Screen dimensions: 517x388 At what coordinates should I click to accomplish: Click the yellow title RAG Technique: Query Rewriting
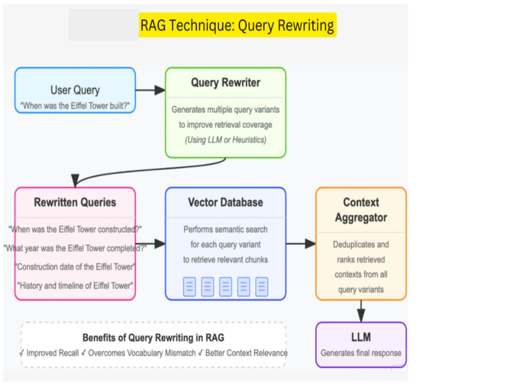[x=237, y=25]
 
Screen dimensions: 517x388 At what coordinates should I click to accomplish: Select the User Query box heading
[x=75, y=90]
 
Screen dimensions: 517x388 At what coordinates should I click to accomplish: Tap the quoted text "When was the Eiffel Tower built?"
[x=75, y=106]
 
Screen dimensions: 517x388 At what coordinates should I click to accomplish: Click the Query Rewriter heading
[x=225, y=82]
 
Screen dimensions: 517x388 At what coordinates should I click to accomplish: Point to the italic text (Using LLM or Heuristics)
[x=225, y=140]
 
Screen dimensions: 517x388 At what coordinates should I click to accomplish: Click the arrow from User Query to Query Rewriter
[x=150, y=89]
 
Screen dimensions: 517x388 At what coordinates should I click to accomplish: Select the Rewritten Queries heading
[x=75, y=202]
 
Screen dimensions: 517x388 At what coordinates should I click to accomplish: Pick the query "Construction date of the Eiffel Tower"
[x=75, y=266]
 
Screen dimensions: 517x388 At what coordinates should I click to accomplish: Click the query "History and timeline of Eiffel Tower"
[x=75, y=286]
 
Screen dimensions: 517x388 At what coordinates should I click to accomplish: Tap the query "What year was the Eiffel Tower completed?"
[x=75, y=248]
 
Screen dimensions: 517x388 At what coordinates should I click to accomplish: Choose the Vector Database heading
[x=225, y=202]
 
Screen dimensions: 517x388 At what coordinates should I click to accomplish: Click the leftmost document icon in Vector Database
[x=190, y=287]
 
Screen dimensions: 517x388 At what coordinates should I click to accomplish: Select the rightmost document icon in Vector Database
[x=262, y=287]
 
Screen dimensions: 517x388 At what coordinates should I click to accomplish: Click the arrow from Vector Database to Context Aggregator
[x=301, y=244]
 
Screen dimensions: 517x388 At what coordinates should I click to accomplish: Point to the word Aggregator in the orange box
[x=361, y=218]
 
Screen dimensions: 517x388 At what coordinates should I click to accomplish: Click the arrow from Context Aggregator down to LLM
[x=361, y=311]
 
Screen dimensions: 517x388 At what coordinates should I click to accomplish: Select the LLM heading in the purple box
[x=361, y=337]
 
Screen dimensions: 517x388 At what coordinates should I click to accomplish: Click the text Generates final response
[x=361, y=353]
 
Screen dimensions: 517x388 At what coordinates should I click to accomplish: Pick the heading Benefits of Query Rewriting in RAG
[x=154, y=338]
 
